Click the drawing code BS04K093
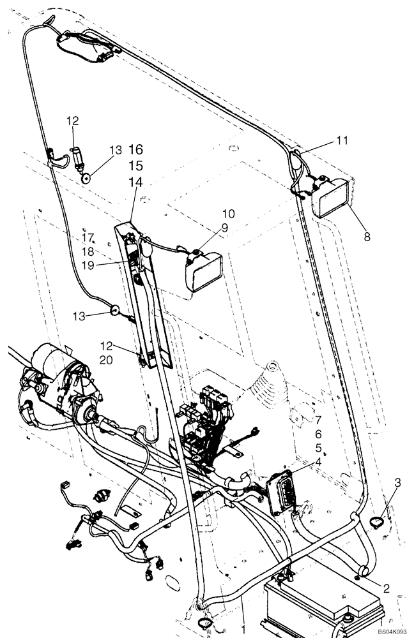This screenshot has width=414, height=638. pos(392,630)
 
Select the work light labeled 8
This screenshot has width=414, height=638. pos(332,197)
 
